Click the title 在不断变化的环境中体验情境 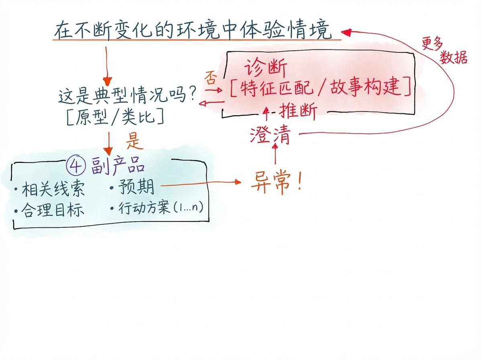pos(193,31)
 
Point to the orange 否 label pos(210,77)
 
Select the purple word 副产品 pos(117,166)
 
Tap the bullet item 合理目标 pos(53,210)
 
